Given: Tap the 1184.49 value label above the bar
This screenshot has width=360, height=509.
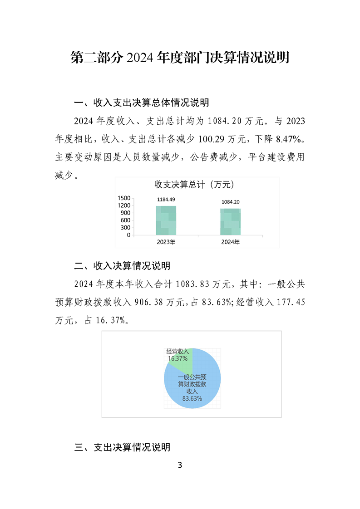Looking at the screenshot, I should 166,200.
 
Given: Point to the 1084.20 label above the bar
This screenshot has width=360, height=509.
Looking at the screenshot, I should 231,202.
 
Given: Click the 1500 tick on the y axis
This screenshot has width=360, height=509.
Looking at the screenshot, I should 124,198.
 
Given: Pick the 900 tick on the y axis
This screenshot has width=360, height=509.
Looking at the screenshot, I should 126,213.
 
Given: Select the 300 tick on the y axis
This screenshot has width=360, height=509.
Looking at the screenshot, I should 126,228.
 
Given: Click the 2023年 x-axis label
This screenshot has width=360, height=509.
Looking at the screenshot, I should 166,242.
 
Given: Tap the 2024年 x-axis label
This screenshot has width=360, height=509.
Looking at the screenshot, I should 231,242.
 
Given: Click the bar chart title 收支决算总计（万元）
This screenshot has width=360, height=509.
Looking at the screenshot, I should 194,185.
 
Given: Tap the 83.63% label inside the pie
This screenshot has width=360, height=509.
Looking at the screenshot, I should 192,398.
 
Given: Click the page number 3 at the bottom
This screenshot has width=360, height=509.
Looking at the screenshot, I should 180,465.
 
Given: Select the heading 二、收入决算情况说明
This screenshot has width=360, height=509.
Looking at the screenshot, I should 122,265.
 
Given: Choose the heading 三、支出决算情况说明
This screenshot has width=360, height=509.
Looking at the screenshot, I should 122,447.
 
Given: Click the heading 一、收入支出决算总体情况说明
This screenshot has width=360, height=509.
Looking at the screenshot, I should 141,103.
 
